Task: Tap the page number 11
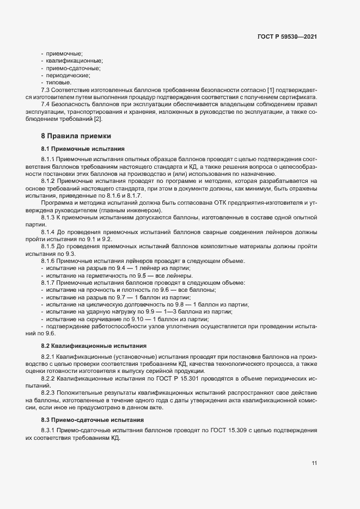pyautogui.click(x=314, y=463)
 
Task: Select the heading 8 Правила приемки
pyautogui.click(x=76, y=136)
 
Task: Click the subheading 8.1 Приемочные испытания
pyautogui.click(x=83, y=148)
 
